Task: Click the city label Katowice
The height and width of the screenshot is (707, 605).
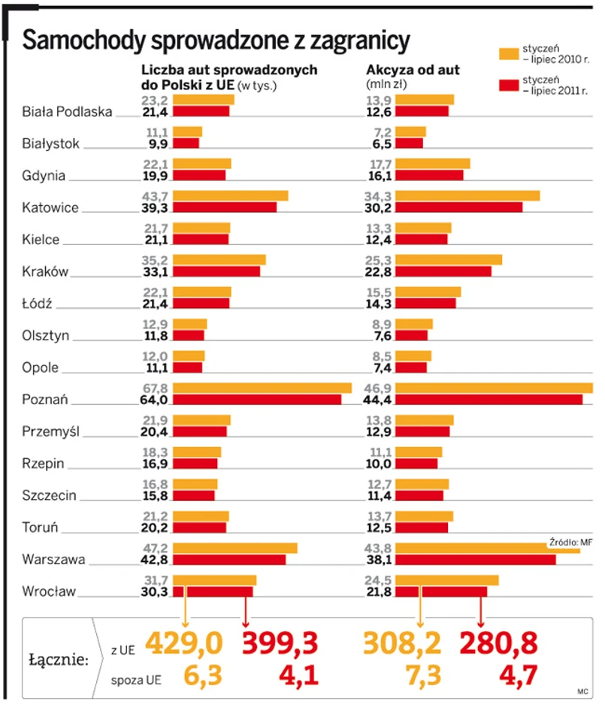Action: [x=50, y=207]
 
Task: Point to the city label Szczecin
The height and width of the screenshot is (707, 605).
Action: [x=50, y=496]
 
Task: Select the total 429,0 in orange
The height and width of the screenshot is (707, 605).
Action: [x=185, y=643]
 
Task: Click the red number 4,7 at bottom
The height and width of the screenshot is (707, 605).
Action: [x=519, y=675]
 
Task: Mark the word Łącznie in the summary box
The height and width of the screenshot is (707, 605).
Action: [x=59, y=660]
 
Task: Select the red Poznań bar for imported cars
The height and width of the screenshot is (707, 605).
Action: [x=257, y=400]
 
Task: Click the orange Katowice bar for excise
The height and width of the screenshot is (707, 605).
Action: [x=467, y=196]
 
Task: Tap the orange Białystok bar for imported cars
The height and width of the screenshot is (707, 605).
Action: [x=188, y=131]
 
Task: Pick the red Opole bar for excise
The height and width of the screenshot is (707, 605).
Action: [x=411, y=368]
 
